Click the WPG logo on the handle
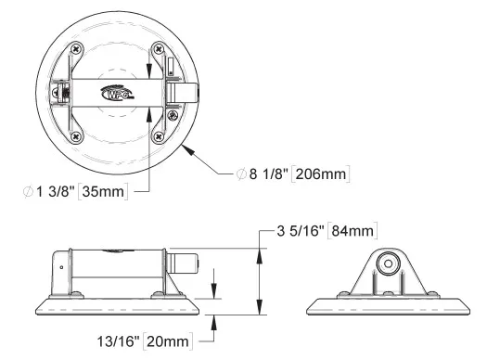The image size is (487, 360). [117, 93]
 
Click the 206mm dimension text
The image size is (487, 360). [321, 174]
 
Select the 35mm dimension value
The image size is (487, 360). [103, 191]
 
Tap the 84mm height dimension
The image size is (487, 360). [352, 231]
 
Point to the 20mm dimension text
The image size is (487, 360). [168, 341]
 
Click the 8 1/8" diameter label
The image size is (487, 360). [267, 174]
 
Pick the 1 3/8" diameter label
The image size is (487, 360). [56, 191]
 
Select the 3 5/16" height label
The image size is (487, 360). [301, 231]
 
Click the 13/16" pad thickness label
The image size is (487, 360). [118, 341]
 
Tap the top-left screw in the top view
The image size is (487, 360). [76, 49]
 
